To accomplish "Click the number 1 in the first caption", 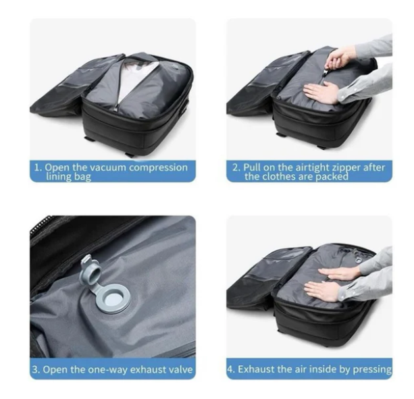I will (x=38, y=167).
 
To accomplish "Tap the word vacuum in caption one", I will (x=101, y=167).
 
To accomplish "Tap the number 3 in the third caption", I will (x=36, y=370).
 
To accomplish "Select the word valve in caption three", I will (x=180, y=370).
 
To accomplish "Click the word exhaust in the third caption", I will (x=145, y=370).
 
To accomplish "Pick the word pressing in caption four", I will (x=370, y=369).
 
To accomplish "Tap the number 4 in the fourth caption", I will (x=232, y=369).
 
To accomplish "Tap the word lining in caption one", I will (x=57, y=177).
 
